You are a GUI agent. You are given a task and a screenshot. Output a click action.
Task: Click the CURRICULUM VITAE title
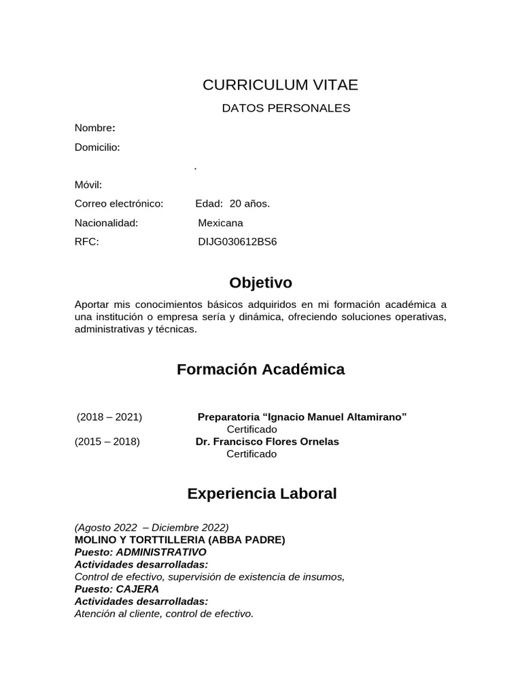[280, 85]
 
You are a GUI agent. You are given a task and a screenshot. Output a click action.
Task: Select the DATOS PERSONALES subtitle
[286, 108]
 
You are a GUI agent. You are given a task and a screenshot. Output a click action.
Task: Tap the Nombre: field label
[94, 128]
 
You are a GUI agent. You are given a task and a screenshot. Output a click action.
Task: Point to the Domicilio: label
[97, 147]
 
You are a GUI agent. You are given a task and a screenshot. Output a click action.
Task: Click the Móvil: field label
[88, 185]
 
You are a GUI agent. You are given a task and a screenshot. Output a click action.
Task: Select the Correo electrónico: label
[119, 203]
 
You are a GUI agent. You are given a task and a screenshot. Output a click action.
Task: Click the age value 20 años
[249, 203]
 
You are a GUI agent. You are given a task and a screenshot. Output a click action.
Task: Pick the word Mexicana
[220, 223]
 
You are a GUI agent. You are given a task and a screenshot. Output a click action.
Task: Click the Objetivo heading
[260, 282]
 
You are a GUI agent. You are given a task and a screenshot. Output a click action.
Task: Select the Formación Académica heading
[260, 369]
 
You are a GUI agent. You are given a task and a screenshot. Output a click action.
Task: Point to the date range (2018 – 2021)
[109, 417]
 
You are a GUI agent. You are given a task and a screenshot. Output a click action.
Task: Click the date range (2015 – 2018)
[107, 441]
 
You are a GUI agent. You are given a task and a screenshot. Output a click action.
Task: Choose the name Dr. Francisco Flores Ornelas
[267, 441]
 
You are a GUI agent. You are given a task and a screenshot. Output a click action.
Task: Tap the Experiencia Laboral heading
[262, 493]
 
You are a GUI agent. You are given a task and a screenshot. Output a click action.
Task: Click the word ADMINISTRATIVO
[161, 552]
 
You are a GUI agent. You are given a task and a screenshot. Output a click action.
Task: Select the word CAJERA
[137, 589]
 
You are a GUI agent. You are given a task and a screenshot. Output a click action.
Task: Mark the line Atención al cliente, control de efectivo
[164, 613]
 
